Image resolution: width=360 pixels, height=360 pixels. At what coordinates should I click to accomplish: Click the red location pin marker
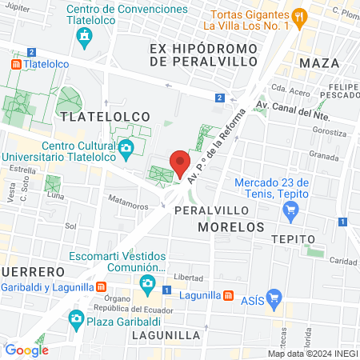[x=180, y=162]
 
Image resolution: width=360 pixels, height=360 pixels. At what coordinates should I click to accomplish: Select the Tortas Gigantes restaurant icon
[x=300, y=15]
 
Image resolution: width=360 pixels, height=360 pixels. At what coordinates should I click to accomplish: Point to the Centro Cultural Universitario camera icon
[x=126, y=148]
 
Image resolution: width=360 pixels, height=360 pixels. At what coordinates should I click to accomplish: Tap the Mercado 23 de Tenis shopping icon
[x=291, y=211]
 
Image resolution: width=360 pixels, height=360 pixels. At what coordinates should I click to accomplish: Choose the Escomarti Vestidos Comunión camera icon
[x=146, y=282]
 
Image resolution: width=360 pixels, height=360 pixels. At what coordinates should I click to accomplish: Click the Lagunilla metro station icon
[x=229, y=294]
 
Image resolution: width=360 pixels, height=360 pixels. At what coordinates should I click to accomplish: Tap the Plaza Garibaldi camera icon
[x=75, y=319]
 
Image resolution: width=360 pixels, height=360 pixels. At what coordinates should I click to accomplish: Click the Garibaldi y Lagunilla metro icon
[x=102, y=286]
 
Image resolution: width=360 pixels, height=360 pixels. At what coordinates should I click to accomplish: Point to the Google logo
[x=26, y=350]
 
